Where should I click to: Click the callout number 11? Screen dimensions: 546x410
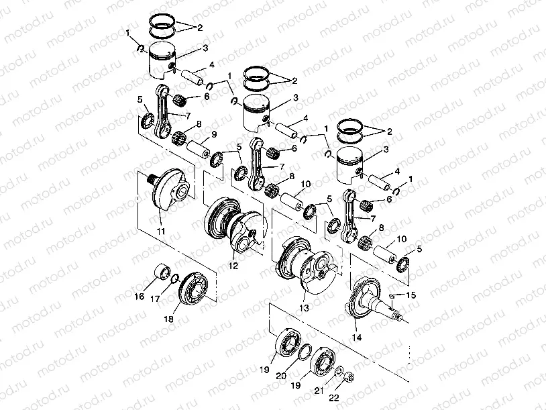point(161,232)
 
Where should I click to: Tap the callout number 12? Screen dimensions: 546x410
point(233,266)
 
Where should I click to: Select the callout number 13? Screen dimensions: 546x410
point(304,308)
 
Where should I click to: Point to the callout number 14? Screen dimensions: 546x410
point(357,338)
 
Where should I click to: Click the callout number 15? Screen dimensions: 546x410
point(411,295)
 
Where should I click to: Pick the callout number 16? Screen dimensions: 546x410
point(140,297)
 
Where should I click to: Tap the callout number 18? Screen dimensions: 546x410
point(169,319)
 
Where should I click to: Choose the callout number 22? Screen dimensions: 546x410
point(334,398)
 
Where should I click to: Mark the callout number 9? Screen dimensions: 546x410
point(214,134)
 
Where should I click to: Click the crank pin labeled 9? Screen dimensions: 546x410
point(198,149)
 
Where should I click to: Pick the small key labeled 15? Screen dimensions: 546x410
point(391,296)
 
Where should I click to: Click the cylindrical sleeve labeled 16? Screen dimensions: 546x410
point(162,272)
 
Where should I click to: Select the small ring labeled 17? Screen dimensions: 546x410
point(175,278)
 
